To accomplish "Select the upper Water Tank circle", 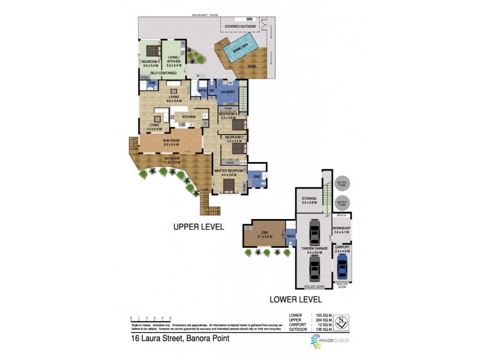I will tap(343, 184).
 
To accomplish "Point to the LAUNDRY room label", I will tap(227, 92).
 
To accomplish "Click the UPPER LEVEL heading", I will tap(198, 227).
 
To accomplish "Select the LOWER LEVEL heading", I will tap(295, 299).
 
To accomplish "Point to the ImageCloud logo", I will tap(330, 340).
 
